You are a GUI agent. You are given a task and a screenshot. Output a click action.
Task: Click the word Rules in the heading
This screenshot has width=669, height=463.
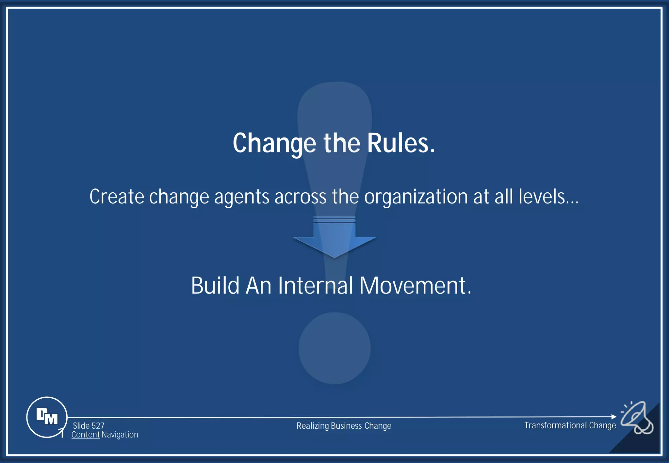coord(401,143)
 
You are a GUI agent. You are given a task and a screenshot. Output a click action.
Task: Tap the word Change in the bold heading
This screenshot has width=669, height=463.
coord(274,143)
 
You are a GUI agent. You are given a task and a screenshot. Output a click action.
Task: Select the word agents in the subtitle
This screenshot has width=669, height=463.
coord(242,197)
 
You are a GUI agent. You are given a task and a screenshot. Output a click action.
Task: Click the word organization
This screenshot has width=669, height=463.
coord(416,197)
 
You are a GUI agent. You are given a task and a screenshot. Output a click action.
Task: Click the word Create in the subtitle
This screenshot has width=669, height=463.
coord(117,197)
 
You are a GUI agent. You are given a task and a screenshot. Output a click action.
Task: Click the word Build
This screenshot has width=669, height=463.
coord(215,285)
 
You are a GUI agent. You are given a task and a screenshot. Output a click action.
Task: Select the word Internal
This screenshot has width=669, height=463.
coord(316,285)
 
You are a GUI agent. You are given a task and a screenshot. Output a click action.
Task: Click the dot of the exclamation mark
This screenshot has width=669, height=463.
coord(334,348)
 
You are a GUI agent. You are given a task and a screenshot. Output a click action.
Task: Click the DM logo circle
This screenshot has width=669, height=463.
coord(47,417)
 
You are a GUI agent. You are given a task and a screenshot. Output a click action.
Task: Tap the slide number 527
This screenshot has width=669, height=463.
coord(98,426)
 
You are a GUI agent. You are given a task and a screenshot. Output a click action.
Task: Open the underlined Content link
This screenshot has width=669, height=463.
coord(85,435)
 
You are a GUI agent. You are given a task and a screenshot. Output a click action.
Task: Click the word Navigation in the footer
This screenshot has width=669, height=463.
coord(120,435)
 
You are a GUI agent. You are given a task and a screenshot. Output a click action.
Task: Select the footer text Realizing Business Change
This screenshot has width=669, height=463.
coord(344,426)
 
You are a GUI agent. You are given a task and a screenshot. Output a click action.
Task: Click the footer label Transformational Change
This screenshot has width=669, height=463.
coord(570,425)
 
